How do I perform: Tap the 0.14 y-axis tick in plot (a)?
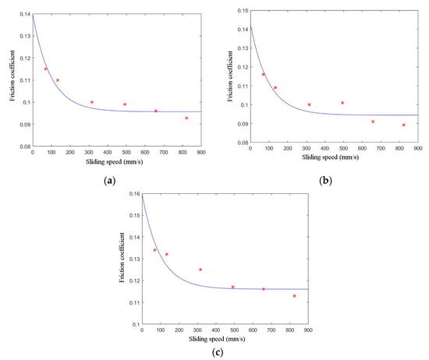(x=21, y=15)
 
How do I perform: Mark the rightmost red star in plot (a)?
(x=186, y=118)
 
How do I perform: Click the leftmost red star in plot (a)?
(x=45, y=69)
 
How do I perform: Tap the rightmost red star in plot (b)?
(x=403, y=125)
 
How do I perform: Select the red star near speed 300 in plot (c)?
(x=200, y=270)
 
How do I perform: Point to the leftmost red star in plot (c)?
(x=154, y=250)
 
